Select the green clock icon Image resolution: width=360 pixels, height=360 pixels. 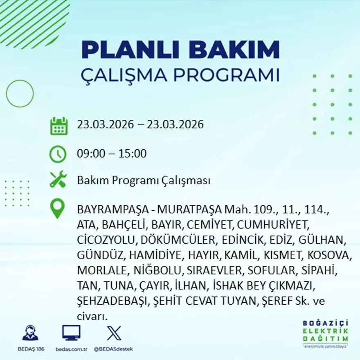[58, 154]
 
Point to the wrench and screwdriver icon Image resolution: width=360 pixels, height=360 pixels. [58, 180]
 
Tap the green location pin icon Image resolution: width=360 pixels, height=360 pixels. [58, 208]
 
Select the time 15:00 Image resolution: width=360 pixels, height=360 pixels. [133, 154]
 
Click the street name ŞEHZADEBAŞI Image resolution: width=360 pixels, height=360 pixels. [112, 301]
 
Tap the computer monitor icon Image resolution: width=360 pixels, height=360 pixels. [71, 333]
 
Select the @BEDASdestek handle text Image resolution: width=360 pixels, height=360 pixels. [113, 349]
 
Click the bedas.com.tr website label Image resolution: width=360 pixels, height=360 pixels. [71, 349]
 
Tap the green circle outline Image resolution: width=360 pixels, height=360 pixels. [20, 94]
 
